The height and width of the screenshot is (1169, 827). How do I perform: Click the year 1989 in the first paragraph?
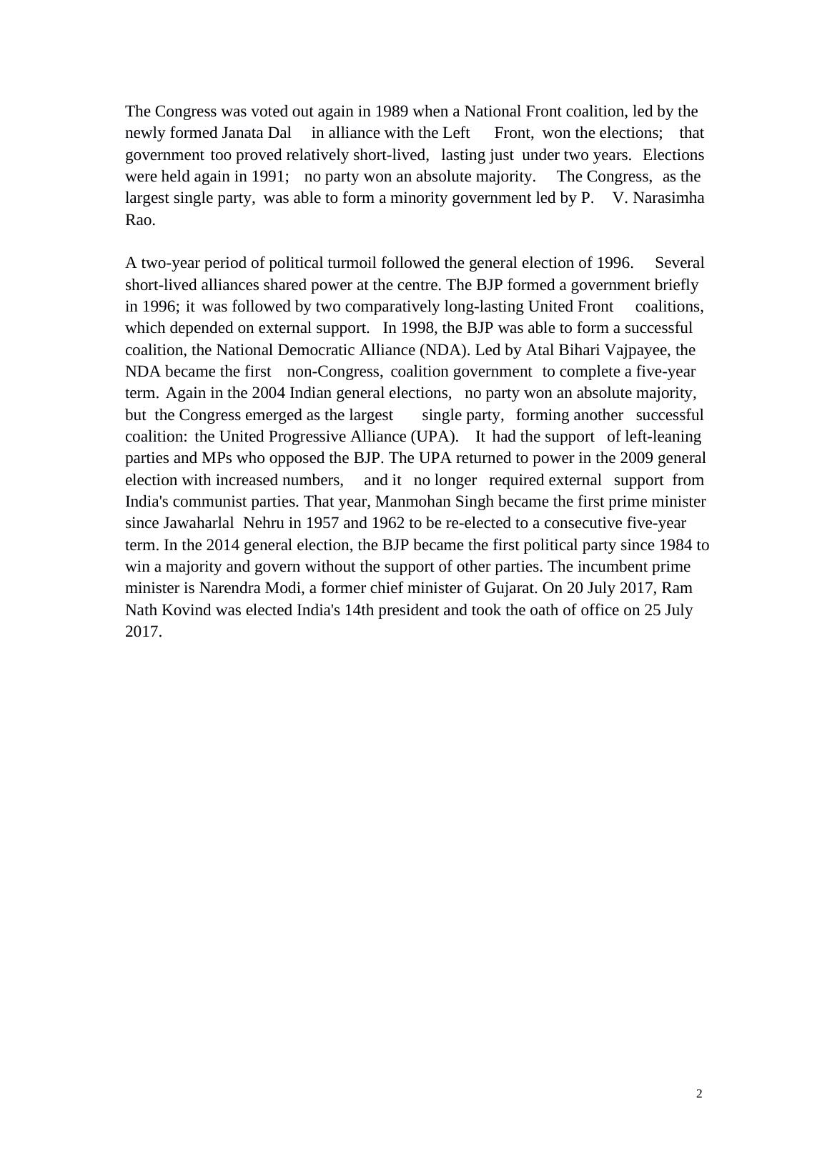(x=392, y=111)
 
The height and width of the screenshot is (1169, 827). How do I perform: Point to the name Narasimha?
(x=668, y=198)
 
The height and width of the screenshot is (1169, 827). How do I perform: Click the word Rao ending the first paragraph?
(x=140, y=220)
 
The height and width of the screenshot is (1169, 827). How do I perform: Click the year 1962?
(x=388, y=523)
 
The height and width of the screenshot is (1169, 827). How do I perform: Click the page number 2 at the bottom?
(x=699, y=1094)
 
